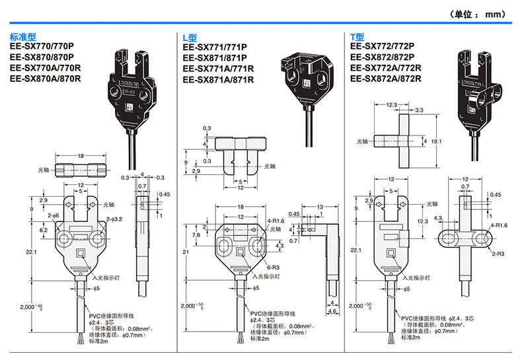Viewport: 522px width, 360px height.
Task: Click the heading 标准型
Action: pyautogui.click(x=24, y=37)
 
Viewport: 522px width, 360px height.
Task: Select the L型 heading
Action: pyautogui.click(x=190, y=38)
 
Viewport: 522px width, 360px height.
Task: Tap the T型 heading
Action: pyautogui.click(x=357, y=37)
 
